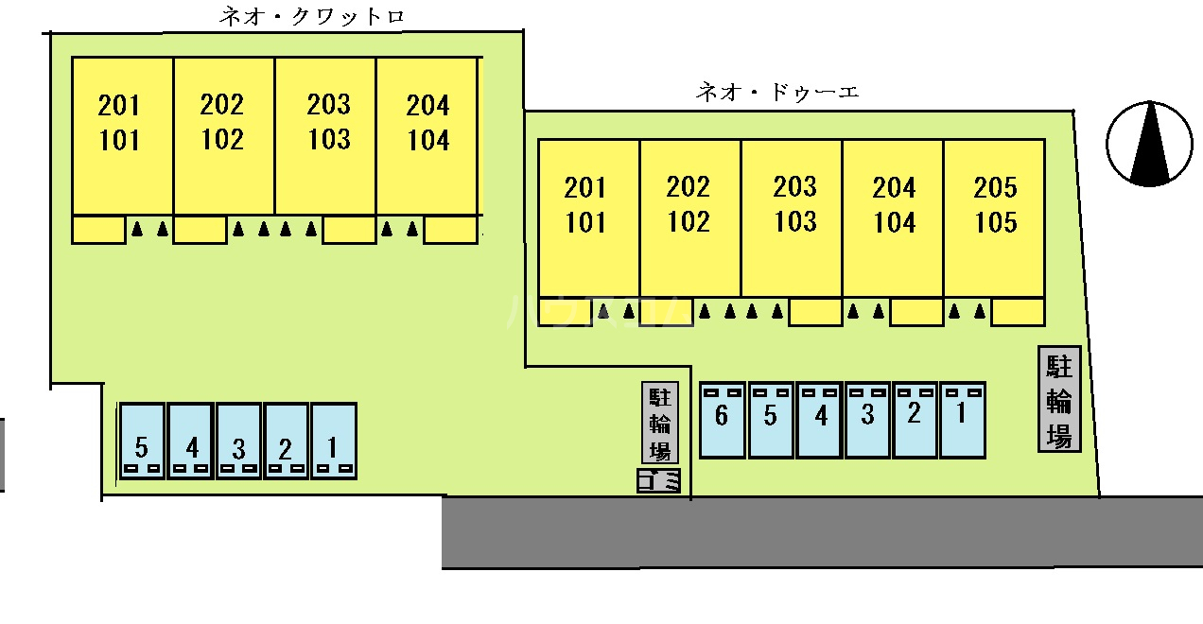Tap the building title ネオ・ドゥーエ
[776, 93]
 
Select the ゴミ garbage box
[659, 481]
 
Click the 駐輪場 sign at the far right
[1059, 398]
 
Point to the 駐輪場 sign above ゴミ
[659, 423]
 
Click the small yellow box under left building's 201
[99, 230]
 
